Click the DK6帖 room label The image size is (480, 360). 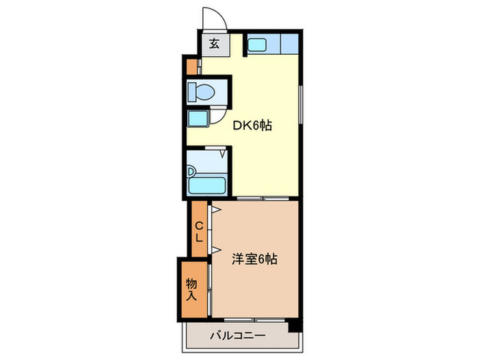[253, 125]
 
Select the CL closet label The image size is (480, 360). [198, 232]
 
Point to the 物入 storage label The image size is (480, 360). [192, 289]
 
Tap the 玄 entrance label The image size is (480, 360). [213, 45]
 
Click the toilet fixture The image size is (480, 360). [203, 91]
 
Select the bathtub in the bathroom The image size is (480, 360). [208, 184]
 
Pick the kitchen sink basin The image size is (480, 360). [257, 45]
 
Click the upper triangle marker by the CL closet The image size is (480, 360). [215, 208]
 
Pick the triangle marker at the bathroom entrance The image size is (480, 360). [223, 155]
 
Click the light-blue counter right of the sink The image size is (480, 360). [289, 45]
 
